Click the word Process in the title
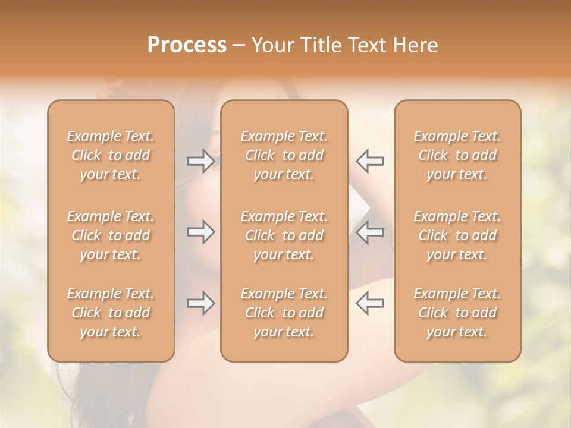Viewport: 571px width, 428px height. [x=187, y=45]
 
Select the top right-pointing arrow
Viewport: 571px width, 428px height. [x=201, y=162]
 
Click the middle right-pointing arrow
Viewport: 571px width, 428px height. [x=201, y=232]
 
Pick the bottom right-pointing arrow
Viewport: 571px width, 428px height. [x=201, y=304]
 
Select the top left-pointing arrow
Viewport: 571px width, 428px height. [x=369, y=162]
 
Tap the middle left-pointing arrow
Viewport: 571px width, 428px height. [x=369, y=232]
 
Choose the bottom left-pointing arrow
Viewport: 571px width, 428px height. [x=369, y=304]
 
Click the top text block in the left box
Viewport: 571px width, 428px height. [x=111, y=155]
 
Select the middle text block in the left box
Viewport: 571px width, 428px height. [x=111, y=235]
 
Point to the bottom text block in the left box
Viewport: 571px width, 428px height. [x=111, y=313]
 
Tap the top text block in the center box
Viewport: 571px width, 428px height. [x=284, y=155]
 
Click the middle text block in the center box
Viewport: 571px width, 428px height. [x=284, y=235]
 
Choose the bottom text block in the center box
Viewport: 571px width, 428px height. [x=284, y=313]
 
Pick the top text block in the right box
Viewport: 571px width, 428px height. [x=457, y=155]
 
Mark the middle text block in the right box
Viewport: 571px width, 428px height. [x=457, y=235]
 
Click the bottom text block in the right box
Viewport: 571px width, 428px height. [x=457, y=313]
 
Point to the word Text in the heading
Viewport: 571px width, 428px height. [x=363, y=45]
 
